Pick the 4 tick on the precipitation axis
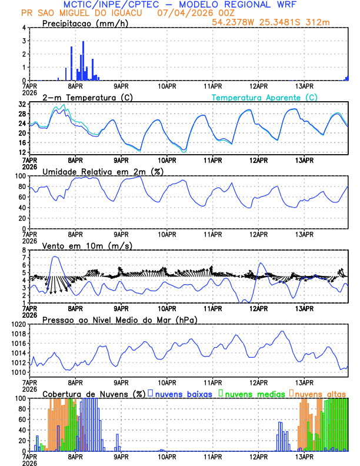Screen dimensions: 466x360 point(23,28)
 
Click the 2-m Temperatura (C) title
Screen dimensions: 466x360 point(84,97)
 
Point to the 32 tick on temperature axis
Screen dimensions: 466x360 point(21,104)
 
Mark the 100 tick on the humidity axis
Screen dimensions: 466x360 point(19,176)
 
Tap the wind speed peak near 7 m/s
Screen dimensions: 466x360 point(55,257)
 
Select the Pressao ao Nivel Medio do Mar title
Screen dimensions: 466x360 point(119,319)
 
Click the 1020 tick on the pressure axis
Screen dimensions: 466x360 point(18,324)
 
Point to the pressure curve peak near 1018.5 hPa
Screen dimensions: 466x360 point(283,331)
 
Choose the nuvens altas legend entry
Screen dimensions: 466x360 point(320,394)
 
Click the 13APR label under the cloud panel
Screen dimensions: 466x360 point(304,457)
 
